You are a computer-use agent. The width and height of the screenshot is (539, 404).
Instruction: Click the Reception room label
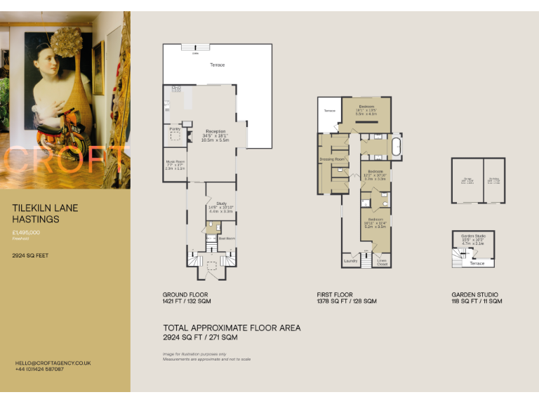point(215,131)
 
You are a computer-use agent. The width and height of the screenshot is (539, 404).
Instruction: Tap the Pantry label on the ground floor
point(175,129)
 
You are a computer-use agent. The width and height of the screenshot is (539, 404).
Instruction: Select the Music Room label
point(175,162)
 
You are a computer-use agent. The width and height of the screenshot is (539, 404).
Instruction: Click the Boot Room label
point(227,238)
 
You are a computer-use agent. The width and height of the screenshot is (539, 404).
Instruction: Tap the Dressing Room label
point(332,159)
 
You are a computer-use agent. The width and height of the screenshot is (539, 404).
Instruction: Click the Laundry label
point(350,261)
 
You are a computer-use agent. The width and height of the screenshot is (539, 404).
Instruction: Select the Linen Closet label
point(382,262)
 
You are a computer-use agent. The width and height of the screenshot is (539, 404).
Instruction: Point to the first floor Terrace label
point(329,111)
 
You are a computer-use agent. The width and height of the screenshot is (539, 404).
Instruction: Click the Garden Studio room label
point(472,236)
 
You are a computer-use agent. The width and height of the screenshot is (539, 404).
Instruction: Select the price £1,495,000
point(26,232)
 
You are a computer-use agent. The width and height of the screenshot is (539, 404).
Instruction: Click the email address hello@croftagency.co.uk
point(53,363)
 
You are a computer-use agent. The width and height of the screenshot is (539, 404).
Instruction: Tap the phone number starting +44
point(39,369)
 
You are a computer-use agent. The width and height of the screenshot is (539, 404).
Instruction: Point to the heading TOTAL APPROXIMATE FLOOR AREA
point(232,328)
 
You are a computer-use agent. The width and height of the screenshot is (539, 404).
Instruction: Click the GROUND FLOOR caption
point(185,295)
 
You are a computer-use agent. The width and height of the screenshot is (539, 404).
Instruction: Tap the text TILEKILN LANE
point(46,208)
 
